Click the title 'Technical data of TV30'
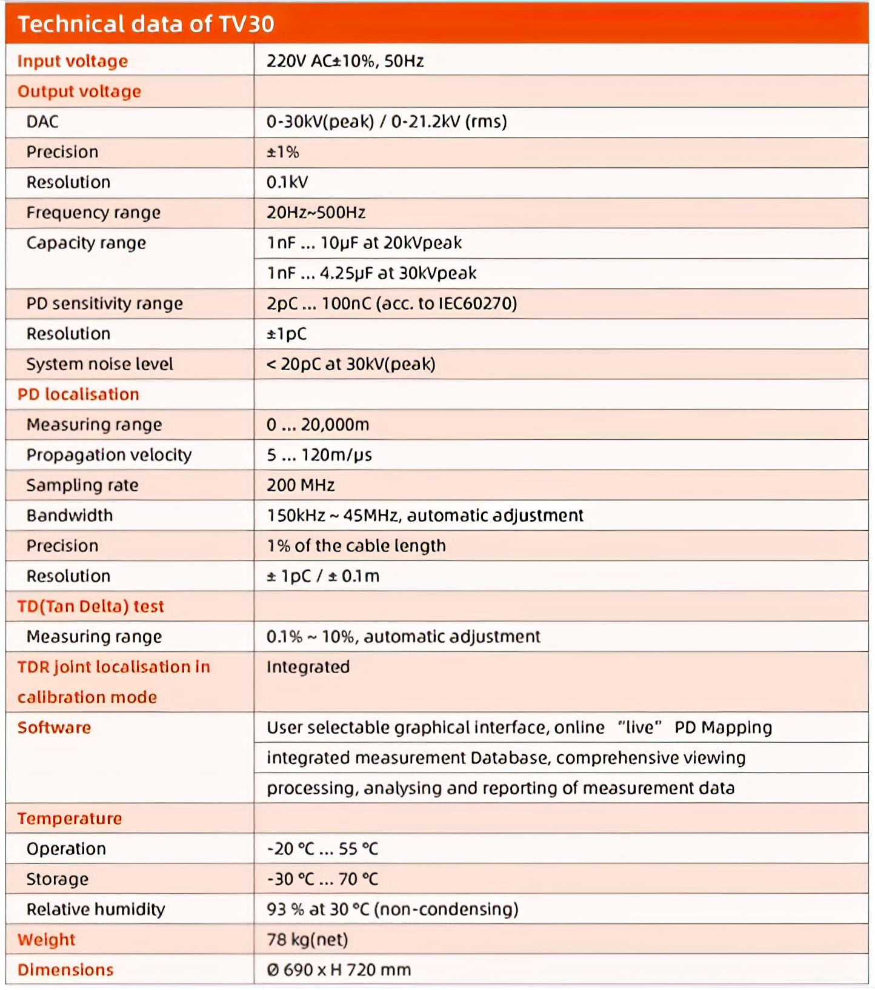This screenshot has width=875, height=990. tap(145, 24)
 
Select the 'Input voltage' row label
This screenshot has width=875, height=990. tap(73, 61)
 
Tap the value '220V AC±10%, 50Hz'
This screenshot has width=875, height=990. tap(345, 61)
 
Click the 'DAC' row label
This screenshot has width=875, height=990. tap(42, 122)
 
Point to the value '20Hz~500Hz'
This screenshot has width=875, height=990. tap(316, 213)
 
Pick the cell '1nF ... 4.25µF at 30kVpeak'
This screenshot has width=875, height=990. tap(371, 273)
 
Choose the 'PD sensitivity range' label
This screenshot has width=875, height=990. tap(104, 304)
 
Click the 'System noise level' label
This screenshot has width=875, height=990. tap(99, 364)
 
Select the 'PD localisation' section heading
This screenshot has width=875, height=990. tap(78, 394)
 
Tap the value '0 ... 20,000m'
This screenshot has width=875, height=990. tap(318, 425)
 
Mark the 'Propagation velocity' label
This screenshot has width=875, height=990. tap(109, 455)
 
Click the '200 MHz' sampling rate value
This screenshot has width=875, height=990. tap(301, 485)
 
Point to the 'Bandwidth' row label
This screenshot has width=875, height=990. tap(70, 516)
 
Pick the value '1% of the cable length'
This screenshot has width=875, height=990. tap(356, 546)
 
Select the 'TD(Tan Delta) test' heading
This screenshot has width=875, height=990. tap(91, 606)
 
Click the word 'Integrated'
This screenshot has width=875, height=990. tap(308, 667)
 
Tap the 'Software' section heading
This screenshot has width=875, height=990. tap(54, 728)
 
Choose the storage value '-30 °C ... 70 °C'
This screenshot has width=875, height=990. tap(322, 879)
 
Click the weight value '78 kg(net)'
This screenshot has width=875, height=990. tap(307, 940)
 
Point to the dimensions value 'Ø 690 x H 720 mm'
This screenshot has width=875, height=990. tap(339, 970)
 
